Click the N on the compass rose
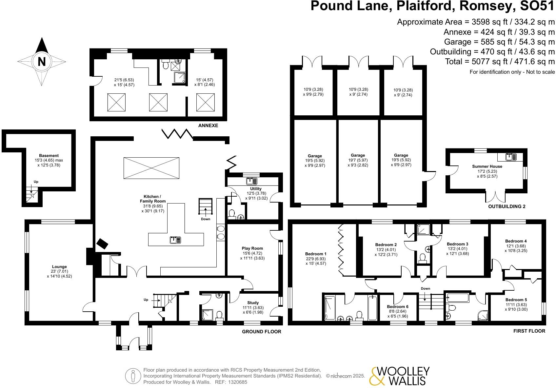pos(42,61)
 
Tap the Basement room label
pos(49,156)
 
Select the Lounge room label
pos(59,267)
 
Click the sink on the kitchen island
pos(175,240)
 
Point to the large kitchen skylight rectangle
pos(151,168)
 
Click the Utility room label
pos(256,189)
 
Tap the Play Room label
pos(252,248)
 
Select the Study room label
pos(253,303)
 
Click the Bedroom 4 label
pos(516,241)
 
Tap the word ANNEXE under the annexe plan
pos(208,126)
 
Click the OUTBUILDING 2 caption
pos(506,206)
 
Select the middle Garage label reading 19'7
pos(358,155)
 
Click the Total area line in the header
pos(500,61)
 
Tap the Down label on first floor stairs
pos(425,288)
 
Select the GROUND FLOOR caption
pos(261,332)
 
